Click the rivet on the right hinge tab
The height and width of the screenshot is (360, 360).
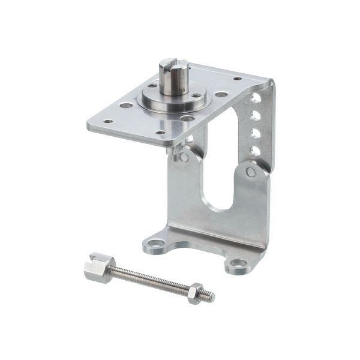[251, 172]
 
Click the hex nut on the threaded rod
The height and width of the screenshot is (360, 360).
[194, 294]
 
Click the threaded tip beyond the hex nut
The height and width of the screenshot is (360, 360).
[208, 296]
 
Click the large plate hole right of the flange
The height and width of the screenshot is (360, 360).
[221, 94]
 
